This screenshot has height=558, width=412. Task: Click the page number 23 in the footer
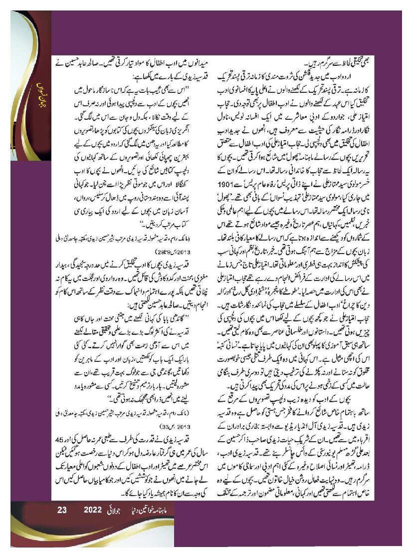62,510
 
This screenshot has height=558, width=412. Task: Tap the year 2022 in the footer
93,510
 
